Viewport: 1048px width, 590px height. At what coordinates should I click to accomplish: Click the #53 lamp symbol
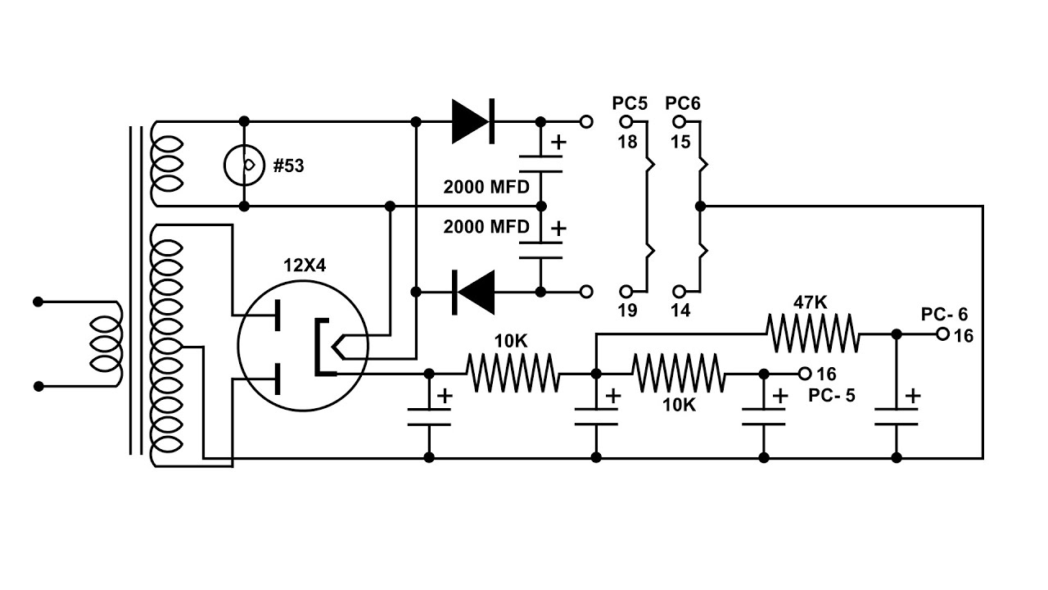244,165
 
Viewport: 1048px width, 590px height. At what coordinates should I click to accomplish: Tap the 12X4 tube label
305,265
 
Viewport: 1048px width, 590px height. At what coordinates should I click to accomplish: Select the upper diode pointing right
473,121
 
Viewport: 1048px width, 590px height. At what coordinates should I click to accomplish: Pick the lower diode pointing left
473,293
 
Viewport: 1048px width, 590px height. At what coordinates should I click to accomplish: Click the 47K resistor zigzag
813,334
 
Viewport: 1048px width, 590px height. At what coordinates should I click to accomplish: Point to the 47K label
811,302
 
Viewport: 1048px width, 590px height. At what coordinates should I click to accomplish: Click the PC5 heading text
630,103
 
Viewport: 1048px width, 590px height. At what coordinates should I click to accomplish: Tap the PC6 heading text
683,103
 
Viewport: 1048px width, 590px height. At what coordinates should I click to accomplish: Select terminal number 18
627,142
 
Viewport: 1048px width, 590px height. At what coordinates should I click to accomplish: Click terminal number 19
627,310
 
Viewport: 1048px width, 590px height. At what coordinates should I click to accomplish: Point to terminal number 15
680,142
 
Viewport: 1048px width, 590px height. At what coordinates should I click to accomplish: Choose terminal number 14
680,310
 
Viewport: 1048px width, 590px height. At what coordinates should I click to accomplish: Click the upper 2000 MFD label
486,188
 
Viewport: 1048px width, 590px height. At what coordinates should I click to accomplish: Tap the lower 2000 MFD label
486,227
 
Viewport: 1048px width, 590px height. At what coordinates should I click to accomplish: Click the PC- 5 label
831,396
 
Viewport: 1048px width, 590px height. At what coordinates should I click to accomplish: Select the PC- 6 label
944,314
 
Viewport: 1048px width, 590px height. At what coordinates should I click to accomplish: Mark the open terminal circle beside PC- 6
942,334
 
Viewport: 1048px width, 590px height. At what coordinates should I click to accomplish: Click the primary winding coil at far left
106,344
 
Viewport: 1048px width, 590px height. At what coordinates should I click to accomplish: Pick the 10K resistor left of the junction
513,373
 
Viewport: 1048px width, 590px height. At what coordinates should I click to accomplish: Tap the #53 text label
289,166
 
